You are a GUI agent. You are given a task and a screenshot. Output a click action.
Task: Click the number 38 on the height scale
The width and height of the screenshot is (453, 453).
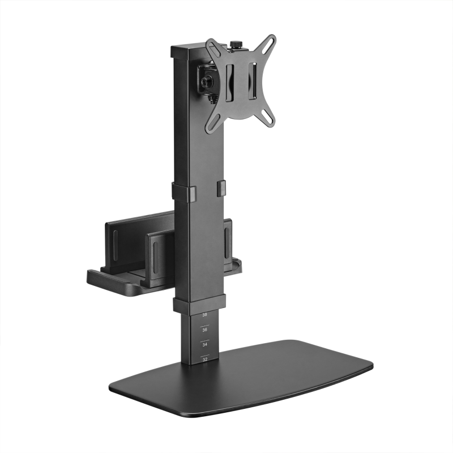[x=204, y=314]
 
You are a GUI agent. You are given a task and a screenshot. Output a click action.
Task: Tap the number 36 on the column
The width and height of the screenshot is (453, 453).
[x=204, y=329]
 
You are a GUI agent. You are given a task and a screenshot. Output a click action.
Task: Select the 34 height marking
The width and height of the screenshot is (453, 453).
[x=204, y=344]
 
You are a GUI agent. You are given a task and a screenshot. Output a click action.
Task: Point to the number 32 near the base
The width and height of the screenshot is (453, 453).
[x=204, y=358]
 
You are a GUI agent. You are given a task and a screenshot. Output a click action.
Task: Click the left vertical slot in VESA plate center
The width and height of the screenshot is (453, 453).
[x=229, y=82]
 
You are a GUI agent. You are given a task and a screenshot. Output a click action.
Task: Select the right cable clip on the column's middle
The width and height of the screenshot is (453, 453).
[x=221, y=189]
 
